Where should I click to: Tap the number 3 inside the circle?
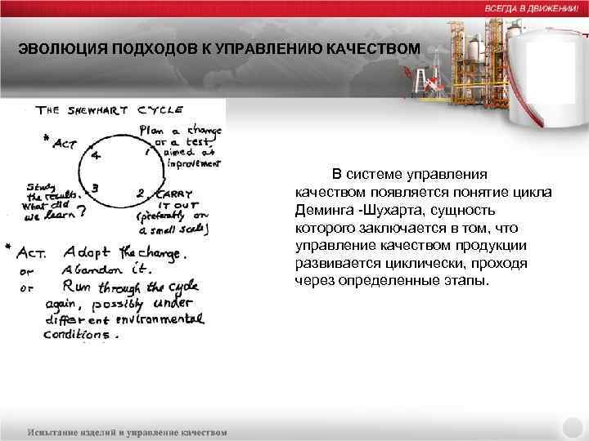[96, 187]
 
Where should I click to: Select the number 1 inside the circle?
[146, 152]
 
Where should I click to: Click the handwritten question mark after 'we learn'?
[82, 213]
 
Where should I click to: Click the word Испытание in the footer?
[59, 431]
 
